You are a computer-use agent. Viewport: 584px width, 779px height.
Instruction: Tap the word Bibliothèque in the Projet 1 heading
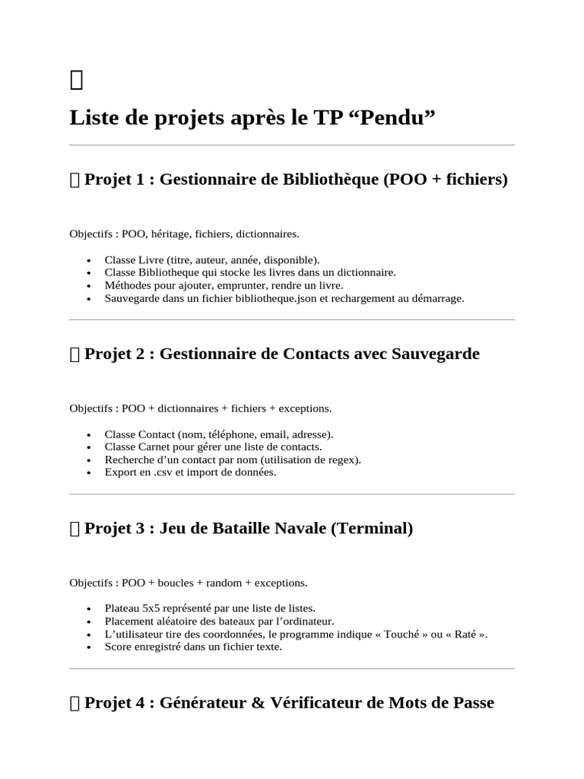[332, 180]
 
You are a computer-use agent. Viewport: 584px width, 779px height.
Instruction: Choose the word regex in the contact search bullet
[344, 459]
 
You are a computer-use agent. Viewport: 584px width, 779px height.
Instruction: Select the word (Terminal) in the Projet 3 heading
[372, 529]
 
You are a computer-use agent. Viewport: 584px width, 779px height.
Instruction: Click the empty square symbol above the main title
[75, 78]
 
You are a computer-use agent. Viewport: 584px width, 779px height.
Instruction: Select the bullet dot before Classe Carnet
[90, 447]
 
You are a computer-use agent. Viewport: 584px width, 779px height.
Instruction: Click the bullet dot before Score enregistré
[90, 647]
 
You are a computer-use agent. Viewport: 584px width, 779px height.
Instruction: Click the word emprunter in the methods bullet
[217, 285]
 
